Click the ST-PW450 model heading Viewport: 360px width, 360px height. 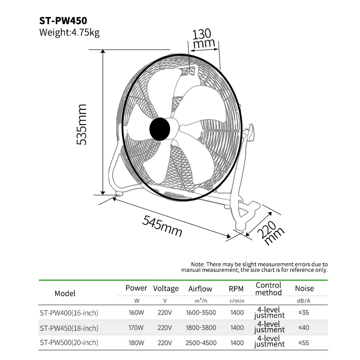tap(63, 21)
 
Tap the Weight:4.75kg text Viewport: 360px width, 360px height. tap(69, 32)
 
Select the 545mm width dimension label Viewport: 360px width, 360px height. tap(162, 226)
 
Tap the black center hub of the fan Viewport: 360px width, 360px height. tap(160, 129)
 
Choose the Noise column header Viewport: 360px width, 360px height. tap(304, 288)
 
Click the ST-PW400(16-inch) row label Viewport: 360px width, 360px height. tap(69, 313)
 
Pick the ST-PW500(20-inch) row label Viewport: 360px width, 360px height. tap(69, 342)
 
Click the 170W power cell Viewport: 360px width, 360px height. tap(136, 328)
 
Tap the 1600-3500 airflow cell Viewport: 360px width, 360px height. tap(200, 313)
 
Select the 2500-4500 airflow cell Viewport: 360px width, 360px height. tap(200, 342)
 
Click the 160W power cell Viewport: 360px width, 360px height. tap(136, 313)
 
